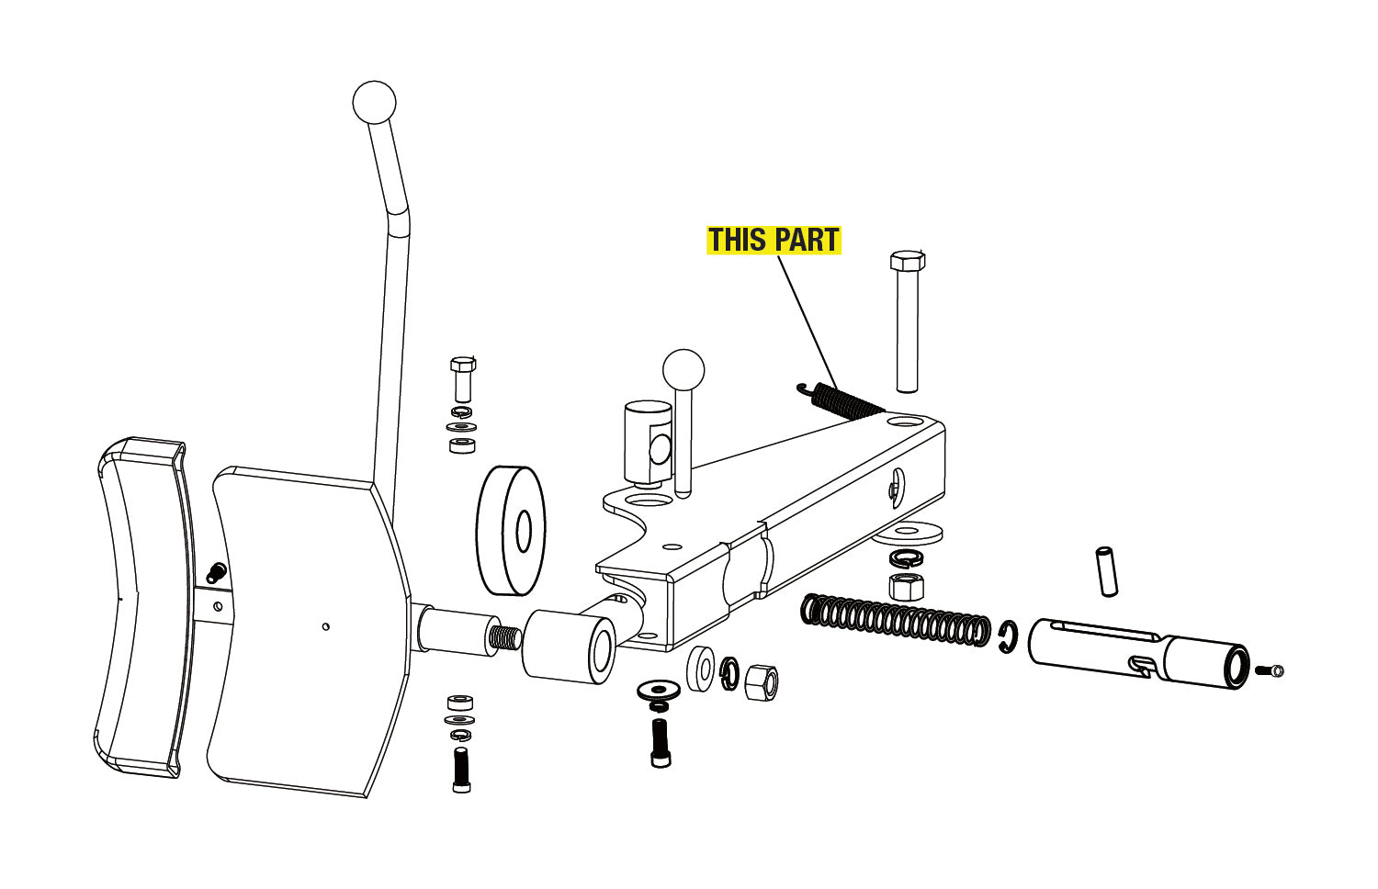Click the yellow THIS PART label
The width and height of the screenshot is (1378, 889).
click(774, 239)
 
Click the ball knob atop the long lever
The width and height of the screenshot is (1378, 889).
click(374, 102)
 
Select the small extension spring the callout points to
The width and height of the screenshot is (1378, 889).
click(841, 400)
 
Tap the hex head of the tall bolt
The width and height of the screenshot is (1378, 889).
click(908, 261)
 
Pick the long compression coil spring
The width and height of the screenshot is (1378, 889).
click(896, 620)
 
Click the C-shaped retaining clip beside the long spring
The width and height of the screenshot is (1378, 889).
click(1008, 637)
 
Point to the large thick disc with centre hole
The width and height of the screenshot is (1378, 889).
click(511, 531)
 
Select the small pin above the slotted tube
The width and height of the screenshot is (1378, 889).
click(1108, 571)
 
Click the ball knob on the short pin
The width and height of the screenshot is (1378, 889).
click(683, 370)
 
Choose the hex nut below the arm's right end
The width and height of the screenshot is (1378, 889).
click(906, 587)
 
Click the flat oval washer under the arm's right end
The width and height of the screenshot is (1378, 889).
click(908, 533)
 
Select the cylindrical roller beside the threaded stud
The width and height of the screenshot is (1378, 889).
click(569, 647)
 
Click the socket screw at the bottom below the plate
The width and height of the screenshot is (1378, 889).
click(461, 770)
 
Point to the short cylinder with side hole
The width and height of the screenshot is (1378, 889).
click(648, 442)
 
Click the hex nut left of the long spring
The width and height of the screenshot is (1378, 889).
click(762, 682)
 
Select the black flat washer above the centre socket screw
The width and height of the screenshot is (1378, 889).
click(659, 689)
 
